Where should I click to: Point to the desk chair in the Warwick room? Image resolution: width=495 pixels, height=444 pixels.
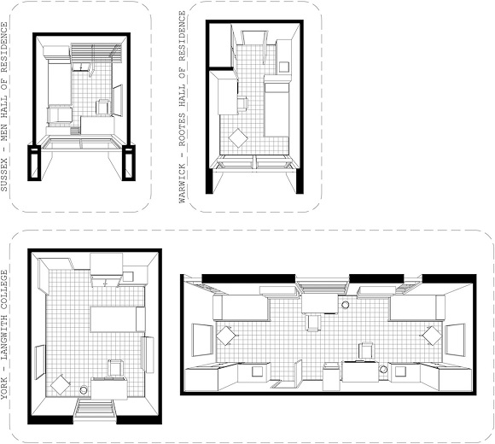[241, 102]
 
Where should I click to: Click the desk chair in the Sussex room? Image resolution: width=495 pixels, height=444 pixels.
[102, 107]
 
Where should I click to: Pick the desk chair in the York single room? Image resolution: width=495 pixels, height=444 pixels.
[113, 367]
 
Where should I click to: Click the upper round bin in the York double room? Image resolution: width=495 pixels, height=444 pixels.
[346, 302]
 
